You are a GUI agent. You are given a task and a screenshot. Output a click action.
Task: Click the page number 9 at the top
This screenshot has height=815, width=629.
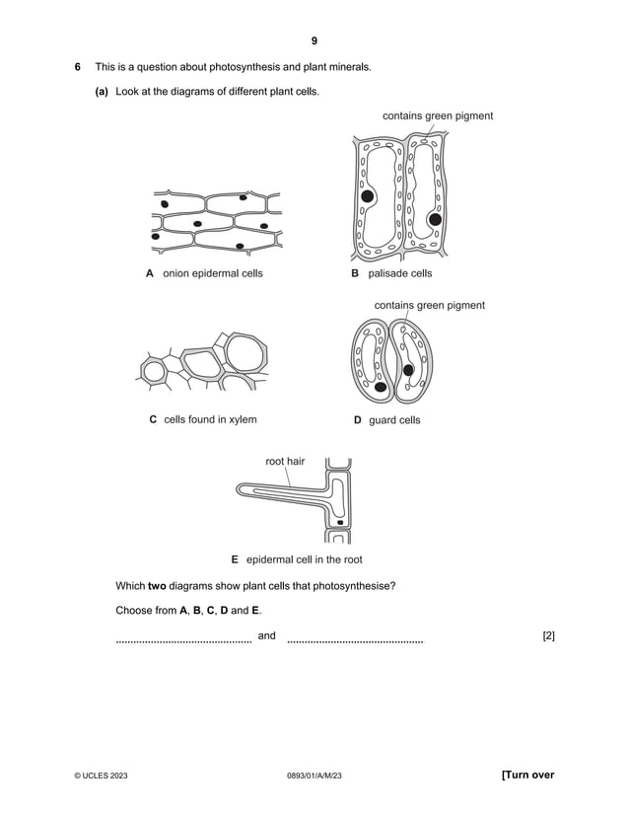(x=314, y=40)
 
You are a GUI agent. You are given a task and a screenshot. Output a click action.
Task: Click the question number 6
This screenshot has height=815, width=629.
(x=78, y=67)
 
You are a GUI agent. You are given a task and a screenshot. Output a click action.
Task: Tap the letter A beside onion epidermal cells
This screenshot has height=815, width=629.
(x=150, y=273)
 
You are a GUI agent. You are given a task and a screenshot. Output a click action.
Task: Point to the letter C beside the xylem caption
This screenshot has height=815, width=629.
(x=153, y=419)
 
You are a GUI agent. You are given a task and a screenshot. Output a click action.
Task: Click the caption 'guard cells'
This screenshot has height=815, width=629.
(x=394, y=420)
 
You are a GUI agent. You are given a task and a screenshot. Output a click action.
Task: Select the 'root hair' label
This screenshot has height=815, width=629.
(x=285, y=461)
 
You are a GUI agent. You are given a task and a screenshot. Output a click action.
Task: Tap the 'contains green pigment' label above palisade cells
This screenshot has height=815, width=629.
(x=438, y=116)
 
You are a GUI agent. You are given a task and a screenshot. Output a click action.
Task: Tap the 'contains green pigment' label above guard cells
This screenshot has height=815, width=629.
(x=429, y=306)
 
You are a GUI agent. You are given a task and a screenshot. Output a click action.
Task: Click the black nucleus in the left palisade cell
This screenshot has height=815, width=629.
(x=368, y=197)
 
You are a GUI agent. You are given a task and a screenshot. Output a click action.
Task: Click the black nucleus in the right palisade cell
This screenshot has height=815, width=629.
(x=434, y=219)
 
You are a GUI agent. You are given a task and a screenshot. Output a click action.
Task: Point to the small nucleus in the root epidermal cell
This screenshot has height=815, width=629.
(x=340, y=521)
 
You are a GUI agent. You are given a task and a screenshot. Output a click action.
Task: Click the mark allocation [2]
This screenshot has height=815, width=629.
(x=549, y=636)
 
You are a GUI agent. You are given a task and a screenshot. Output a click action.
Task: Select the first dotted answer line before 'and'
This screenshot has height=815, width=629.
(x=183, y=641)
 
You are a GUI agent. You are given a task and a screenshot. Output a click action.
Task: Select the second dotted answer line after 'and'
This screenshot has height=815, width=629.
(x=355, y=641)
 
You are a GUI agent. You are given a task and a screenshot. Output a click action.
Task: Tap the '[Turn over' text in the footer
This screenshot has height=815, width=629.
(x=522, y=776)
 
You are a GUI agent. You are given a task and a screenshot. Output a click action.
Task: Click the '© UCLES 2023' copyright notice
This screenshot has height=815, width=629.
(x=101, y=777)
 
